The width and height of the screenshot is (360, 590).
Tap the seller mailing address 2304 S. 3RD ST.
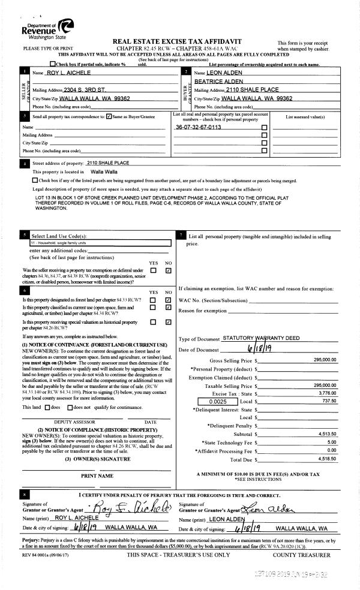click(x=83, y=89)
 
